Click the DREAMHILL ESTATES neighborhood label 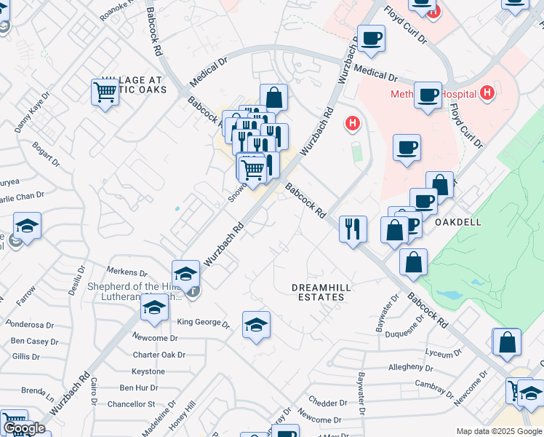coord(321,293)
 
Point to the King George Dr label coord(203,323)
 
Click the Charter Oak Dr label coord(159,355)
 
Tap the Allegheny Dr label coord(411,366)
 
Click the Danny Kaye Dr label coord(32,112)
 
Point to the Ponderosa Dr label coord(31,325)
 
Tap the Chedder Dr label coord(328,403)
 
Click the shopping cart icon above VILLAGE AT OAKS coord(105,92)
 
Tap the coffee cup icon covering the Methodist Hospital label coord(428,95)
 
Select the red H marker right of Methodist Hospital coord(487,93)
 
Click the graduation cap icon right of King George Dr coord(255,324)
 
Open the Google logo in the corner coord(23,428)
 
